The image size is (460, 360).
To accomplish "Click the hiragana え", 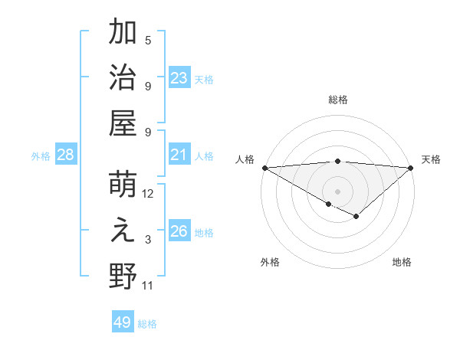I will coord(123,231).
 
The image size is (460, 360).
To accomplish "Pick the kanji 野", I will coord(123,276).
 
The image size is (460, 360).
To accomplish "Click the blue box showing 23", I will coord(179,77).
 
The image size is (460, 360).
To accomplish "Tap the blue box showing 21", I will coord(179,155).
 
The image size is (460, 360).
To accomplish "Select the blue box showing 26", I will coord(179,231).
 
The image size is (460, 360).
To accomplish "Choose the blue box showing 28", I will coord(66,155).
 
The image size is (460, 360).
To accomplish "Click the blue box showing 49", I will coord(123,322).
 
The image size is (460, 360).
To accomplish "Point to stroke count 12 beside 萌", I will coord(148,194).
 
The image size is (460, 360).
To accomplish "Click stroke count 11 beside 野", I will coord(148,286).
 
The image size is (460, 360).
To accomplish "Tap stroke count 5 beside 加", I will coord(148,41).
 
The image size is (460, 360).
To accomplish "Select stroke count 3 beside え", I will coord(148,241).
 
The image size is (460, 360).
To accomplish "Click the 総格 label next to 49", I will coord(147,324).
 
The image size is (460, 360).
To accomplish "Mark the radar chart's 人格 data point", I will coord(264,167).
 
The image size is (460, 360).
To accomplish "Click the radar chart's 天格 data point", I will coord(411,167).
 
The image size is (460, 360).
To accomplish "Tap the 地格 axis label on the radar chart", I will coord(402,262).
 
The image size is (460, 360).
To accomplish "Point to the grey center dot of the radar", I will coord(337,191).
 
